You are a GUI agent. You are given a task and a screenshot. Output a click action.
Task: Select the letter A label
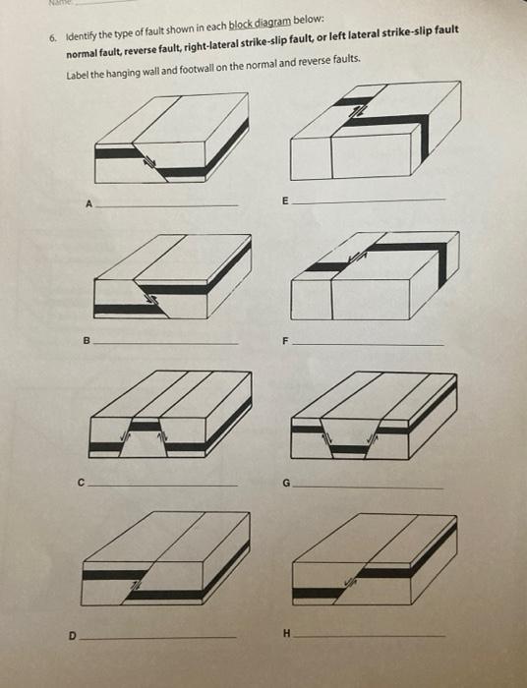(88, 204)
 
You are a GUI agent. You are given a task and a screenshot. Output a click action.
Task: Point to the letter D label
(71, 636)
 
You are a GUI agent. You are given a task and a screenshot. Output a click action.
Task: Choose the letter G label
(284, 484)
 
